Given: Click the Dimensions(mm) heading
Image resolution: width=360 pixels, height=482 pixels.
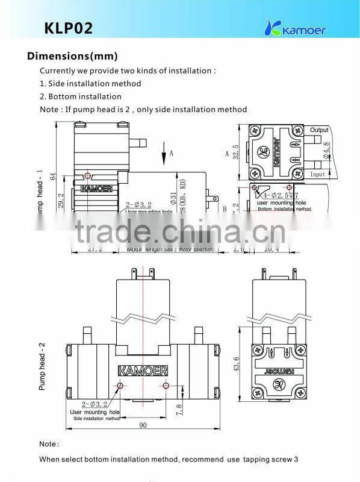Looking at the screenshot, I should click(x=72, y=57).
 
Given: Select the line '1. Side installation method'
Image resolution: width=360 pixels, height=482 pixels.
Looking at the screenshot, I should click(x=90, y=83).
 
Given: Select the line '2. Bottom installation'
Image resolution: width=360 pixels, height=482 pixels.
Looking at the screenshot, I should click(x=81, y=96).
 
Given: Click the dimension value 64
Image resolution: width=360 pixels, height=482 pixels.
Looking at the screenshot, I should click(x=52, y=177).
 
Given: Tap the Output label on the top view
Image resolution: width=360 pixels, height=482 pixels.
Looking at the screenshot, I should click(x=319, y=130).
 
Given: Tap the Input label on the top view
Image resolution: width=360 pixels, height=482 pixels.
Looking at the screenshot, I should click(x=317, y=174).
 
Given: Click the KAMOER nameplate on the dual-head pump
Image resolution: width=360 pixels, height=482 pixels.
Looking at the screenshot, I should click(x=141, y=369).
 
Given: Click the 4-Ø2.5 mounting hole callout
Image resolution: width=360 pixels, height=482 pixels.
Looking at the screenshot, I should click(x=277, y=196).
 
